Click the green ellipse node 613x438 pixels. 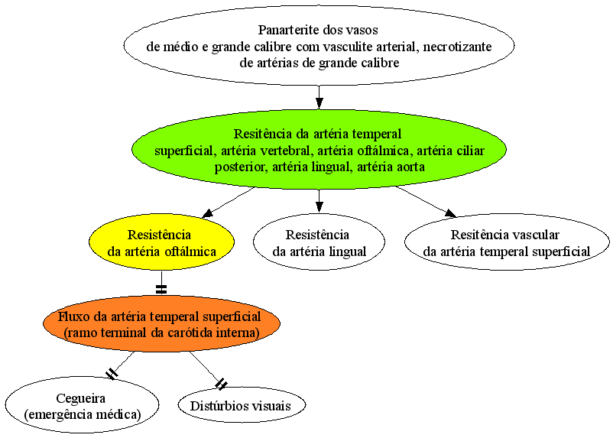coord(319,150)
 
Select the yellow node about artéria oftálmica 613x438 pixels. coord(161,242)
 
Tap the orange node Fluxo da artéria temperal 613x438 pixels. coord(161,324)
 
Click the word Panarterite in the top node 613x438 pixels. coord(288,30)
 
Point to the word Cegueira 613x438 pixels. coord(81,398)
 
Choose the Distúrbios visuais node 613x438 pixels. coord(242,406)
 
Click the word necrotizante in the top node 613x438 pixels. coord(457,47)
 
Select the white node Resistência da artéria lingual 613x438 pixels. coord(319,242)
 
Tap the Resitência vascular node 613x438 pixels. coord(507,242)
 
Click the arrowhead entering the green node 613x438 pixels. coord(319,103)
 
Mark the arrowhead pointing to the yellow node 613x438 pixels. coord(207,213)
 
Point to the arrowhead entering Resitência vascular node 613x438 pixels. coord(450,213)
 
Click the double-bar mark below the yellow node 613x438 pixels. coord(161,289)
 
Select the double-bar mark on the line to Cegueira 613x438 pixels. coord(112,374)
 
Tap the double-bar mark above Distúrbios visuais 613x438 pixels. coord(221,384)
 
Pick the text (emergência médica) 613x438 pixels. coord(82,414)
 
